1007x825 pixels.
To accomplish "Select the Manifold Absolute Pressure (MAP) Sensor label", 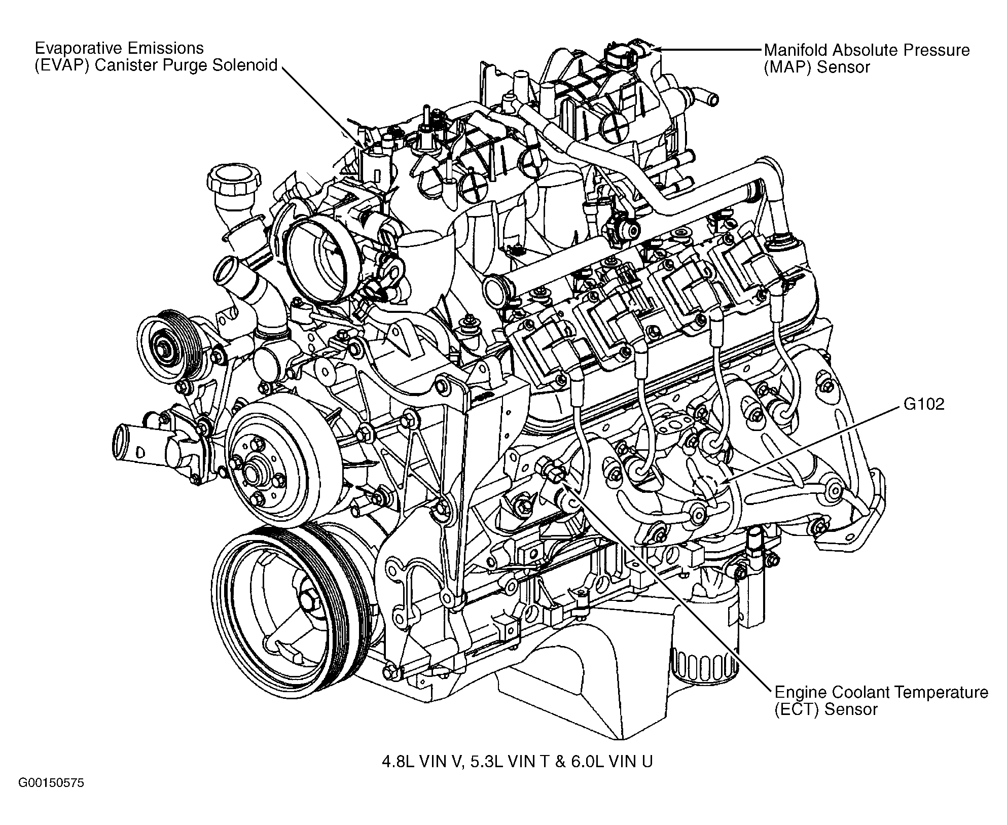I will [x=866, y=58].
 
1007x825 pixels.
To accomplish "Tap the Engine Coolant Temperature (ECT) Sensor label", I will [x=881, y=700].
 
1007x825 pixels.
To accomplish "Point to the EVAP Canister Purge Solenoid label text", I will [x=156, y=57].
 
